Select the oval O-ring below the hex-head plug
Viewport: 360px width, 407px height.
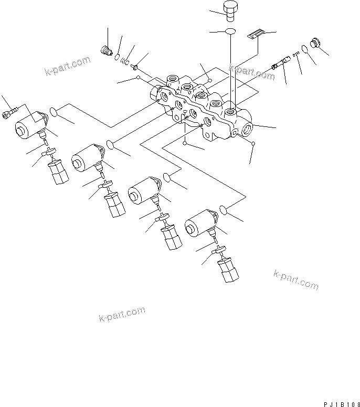click(x=231, y=32)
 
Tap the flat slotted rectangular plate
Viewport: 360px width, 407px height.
click(x=254, y=34)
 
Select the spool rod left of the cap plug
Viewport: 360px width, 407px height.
click(x=280, y=63)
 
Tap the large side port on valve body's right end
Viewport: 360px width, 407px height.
click(x=247, y=128)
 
